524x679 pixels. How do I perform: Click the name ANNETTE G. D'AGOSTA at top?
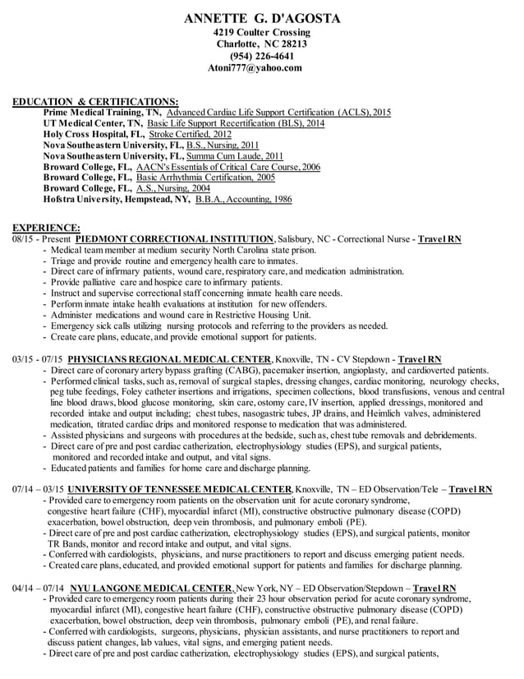[x=261, y=18]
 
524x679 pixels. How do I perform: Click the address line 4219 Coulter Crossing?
[x=261, y=32]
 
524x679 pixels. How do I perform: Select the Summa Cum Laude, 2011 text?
[x=235, y=155]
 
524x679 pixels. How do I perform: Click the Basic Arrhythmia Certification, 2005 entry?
[x=205, y=177]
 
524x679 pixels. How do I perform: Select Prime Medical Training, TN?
[x=102, y=111]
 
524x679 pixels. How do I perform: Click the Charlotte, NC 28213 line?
[x=261, y=44]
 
